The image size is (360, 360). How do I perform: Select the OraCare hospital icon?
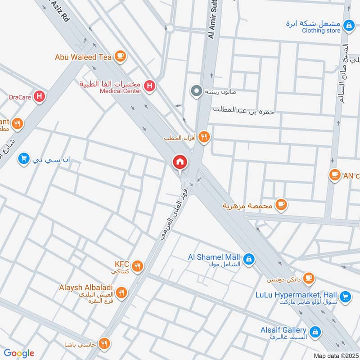coord(40,96)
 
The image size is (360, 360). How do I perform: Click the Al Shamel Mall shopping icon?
coord(248,259)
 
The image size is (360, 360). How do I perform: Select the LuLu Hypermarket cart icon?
coord(345,296)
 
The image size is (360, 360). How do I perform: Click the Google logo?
coord(19,353)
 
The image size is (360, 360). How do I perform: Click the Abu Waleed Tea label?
coord(83,57)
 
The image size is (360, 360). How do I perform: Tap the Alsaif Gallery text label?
coord(283,330)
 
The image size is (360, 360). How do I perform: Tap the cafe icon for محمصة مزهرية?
coord(281,205)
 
